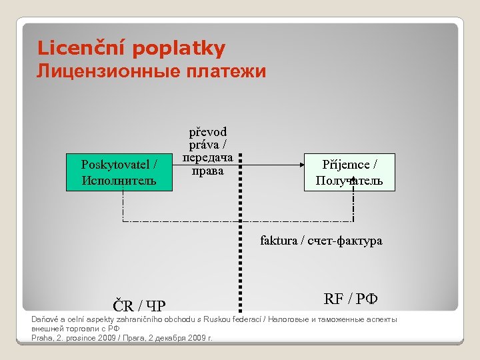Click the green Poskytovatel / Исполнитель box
(119, 172)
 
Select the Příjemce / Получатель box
(349, 172)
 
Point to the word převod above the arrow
(207, 131)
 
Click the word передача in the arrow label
(207, 159)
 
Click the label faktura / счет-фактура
(321, 241)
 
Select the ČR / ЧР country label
(140, 307)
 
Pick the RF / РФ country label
(351, 298)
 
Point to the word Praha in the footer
(42, 338)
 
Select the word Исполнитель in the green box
(119, 180)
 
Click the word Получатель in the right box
(349, 181)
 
